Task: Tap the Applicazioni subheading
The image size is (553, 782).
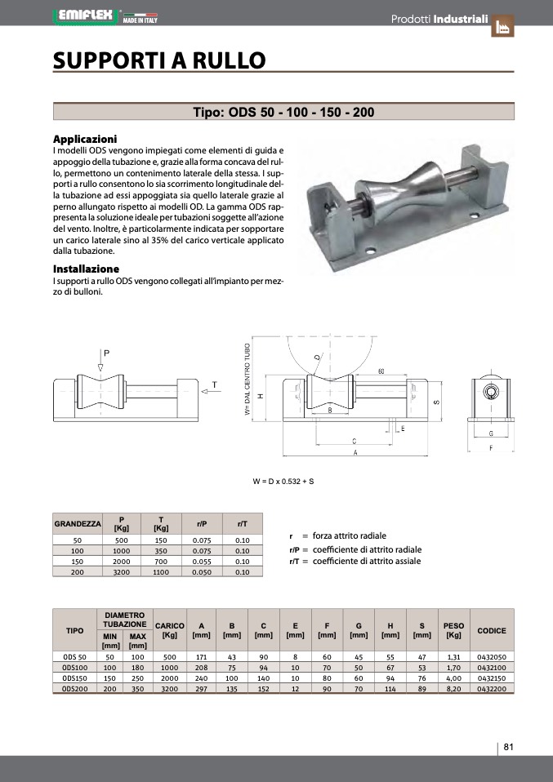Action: [85, 139]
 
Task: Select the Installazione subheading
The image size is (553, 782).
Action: [86, 269]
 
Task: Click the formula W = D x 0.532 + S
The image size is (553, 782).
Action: [283, 481]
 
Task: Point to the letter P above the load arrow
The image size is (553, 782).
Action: [107, 352]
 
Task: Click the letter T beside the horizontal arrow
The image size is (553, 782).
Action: [214, 384]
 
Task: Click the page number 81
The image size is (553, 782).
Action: [508, 747]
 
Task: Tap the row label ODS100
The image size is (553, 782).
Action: [74, 667]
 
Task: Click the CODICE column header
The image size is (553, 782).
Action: [491, 631]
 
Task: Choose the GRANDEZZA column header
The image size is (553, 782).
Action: [78, 523]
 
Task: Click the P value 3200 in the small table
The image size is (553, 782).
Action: [122, 572]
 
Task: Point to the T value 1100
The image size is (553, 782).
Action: [161, 572]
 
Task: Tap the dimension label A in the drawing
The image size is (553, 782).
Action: [354, 451]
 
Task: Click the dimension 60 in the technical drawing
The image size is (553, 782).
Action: [381, 372]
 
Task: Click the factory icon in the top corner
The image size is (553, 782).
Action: [504, 26]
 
